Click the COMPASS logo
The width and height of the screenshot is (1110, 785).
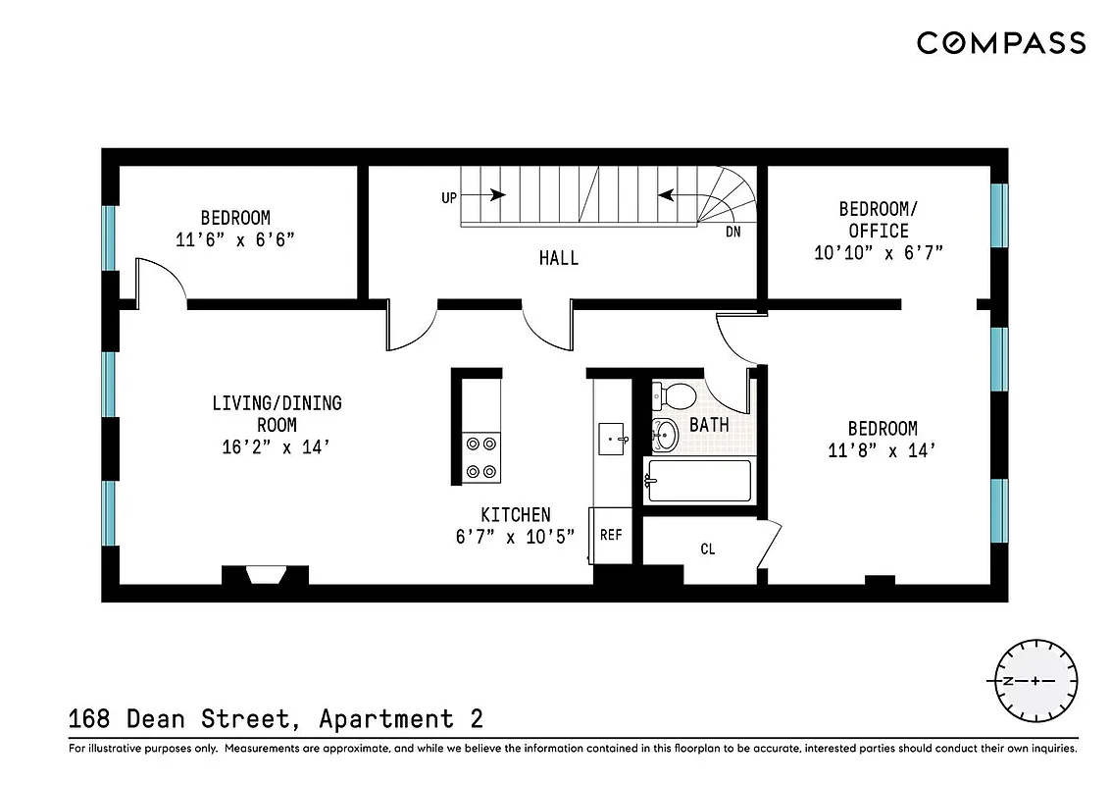(1001, 43)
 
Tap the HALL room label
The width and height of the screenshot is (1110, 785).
(558, 258)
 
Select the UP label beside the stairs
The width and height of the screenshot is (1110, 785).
(449, 197)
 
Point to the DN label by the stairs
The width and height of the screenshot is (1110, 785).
(732, 233)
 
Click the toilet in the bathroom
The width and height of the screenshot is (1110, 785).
(675, 396)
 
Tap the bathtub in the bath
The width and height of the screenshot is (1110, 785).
(699, 481)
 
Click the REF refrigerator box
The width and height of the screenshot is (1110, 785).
(611, 536)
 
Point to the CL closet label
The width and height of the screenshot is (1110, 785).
(707, 549)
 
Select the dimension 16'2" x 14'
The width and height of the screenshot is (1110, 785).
(277, 447)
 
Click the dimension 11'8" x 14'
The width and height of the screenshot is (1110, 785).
(883, 451)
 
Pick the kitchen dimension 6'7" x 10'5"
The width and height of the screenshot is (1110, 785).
(515, 536)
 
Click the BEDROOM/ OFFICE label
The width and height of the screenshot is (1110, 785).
(874, 220)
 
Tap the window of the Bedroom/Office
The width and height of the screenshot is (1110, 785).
(998, 215)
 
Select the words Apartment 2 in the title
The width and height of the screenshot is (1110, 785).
(401, 719)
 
